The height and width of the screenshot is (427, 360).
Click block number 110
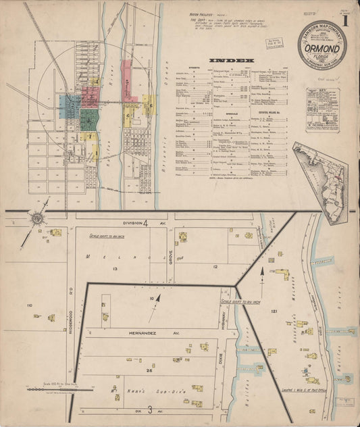pyautogui.click(x=29, y=306)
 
